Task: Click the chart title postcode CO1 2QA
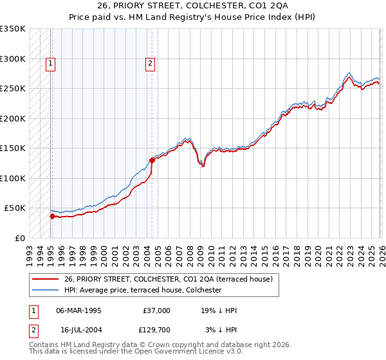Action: coord(259,6)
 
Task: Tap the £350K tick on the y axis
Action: coord(13,29)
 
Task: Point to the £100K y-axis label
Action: coord(13,178)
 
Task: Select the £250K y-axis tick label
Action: coord(13,89)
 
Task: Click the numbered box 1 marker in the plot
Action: coord(50,63)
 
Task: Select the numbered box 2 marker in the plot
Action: coord(149,63)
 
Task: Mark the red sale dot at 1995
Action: coord(52,216)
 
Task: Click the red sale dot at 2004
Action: coord(152,160)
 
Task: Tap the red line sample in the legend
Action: coord(45,279)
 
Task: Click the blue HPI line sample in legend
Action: coord(45,290)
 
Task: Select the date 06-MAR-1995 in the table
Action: coord(78,310)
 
